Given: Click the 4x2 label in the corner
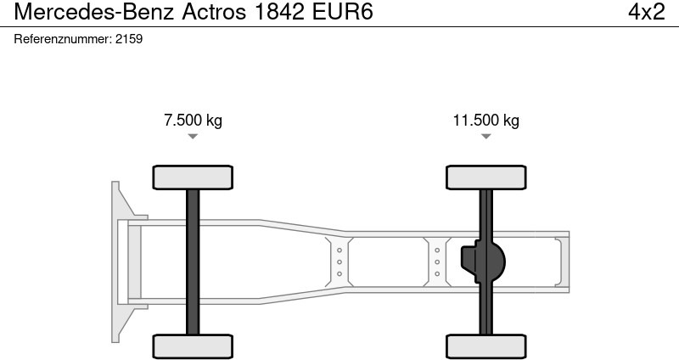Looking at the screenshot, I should pos(645,13).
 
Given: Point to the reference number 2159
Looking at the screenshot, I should pos(129,39).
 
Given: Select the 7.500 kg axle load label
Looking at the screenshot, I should pos(193,121).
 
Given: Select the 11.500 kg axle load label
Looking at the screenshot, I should pos(485,121).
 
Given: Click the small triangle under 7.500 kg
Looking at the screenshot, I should pos(193,136).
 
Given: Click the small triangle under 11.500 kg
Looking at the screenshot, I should pos(485,136).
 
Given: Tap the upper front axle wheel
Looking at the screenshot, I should pos(193,177).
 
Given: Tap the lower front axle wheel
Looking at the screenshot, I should pos(193,346).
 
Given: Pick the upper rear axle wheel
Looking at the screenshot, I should pos(485,177).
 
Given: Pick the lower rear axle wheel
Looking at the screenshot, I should pos(485,346).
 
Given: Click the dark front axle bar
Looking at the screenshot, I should pos(193,262).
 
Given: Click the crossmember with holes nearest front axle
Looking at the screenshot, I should pos(339,262).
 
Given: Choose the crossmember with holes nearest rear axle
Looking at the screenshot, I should pos(437,262).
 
